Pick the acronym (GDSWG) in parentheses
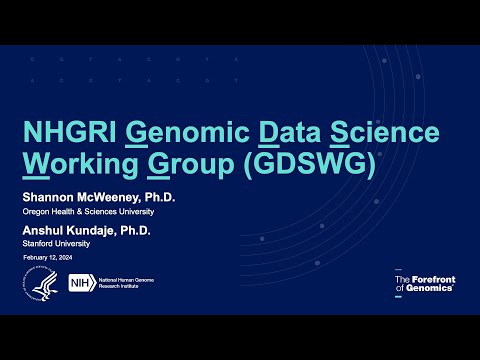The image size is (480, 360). coord(307,164)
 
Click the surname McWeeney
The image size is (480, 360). coord(103,199)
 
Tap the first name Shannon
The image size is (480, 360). coord(44,199)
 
